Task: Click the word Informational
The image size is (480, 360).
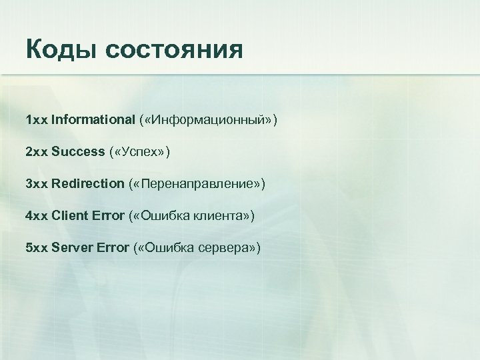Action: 93,120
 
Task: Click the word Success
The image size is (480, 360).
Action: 78,152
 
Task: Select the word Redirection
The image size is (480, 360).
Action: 88,183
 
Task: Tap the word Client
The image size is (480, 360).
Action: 69,215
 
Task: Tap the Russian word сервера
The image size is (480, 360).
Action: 229,247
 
